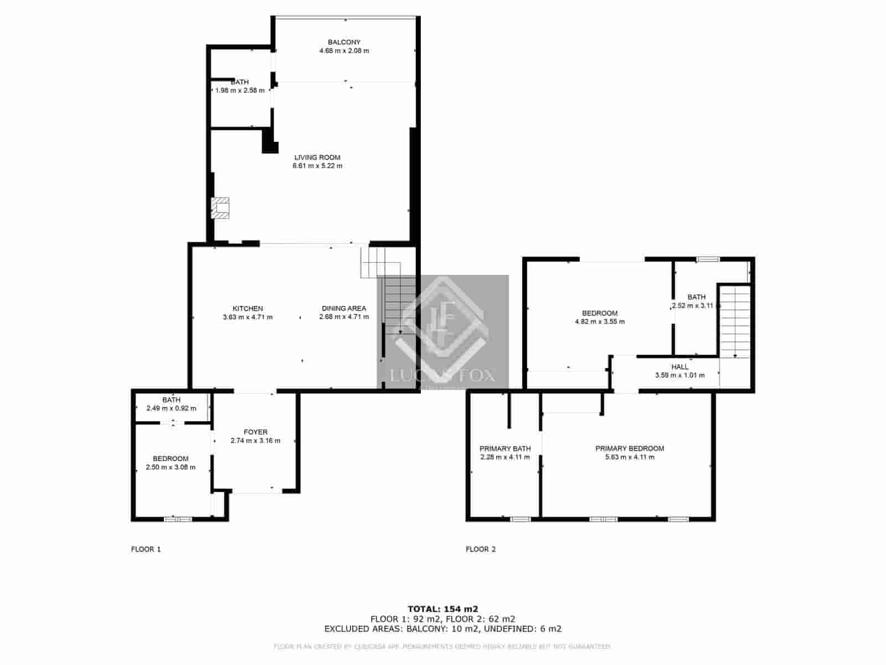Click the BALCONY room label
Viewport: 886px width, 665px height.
[344, 42]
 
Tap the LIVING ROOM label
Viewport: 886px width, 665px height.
[317, 157]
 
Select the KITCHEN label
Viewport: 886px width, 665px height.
[248, 309]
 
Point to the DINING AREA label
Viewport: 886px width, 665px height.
[344, 309]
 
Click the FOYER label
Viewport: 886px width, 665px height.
[255, 432]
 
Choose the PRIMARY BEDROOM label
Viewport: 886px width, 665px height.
[630, 449]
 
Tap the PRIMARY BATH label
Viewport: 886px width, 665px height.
[505, 449]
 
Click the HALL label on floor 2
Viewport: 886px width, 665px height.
[680, 367]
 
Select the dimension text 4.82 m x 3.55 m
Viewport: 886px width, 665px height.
[599, 321]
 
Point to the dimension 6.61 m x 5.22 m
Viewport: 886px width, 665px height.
[317, 166]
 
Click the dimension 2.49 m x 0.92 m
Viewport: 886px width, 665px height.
[171, 408]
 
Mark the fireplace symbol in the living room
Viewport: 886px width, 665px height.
[221, 208]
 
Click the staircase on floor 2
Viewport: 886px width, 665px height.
[735, 321]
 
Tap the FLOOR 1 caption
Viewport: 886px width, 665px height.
[146, 550]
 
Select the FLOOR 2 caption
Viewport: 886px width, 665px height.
[481, 550]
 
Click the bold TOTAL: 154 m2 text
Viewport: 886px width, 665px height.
[442, 608]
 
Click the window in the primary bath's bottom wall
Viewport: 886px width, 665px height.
[520, 519]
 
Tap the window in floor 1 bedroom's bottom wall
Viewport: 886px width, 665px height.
[178, 519]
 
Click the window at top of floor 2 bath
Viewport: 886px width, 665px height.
[707, 259]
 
